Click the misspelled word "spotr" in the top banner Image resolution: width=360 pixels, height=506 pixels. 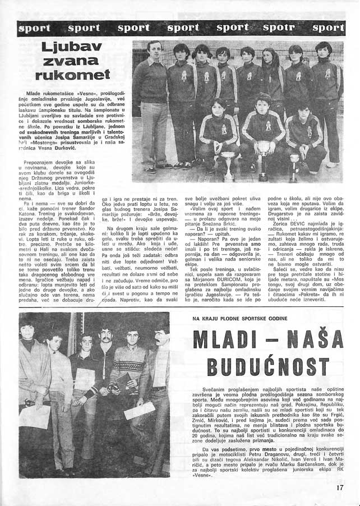(x=278, y=27)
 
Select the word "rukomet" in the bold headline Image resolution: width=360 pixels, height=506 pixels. (x=73, y=74)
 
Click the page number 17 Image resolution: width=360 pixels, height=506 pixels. (x=339, y=487)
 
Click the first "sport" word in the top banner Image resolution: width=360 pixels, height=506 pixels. (x=34, y=27)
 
